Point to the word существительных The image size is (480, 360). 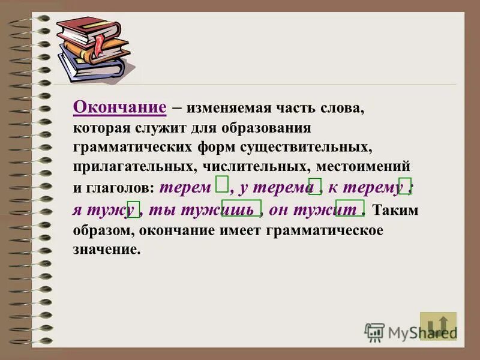coord(311,146)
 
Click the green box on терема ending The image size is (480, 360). coord(315,187)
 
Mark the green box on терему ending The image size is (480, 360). coord(405,185)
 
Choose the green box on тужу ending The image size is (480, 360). coord(134,209)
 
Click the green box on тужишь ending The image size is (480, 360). coord(241,208)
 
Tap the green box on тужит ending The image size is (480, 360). coord(350,208)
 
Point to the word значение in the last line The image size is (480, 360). coord(107,249)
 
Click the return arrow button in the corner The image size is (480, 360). coord(438,326)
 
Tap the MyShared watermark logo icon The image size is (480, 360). coord(374,332)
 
